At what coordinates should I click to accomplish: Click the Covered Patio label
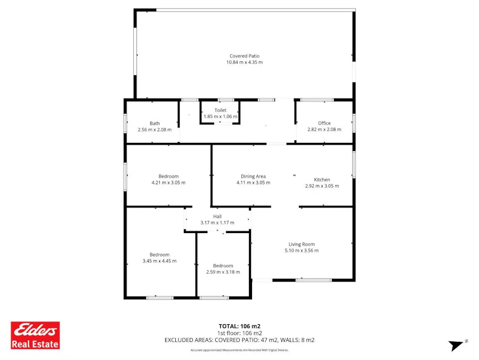245,56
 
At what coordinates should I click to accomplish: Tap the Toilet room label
220,110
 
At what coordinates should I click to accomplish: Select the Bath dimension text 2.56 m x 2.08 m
155,130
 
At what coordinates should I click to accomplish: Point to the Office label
324,123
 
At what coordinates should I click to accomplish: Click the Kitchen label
322,180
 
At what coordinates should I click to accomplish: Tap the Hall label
217,216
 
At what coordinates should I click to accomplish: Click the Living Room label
302,244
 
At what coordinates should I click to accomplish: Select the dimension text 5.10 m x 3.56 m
302,251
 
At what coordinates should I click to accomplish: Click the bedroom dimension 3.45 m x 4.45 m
159,261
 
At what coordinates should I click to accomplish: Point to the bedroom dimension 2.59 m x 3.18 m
223,272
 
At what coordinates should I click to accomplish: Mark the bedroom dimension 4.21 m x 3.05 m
168,183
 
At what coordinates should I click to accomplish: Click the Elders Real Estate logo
36,335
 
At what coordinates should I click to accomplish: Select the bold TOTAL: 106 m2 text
239,326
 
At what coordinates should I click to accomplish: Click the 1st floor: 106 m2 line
239,333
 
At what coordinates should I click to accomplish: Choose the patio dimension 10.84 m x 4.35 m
245,62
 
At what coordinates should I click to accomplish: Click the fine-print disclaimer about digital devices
239,350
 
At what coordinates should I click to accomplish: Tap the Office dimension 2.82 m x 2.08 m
324,130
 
